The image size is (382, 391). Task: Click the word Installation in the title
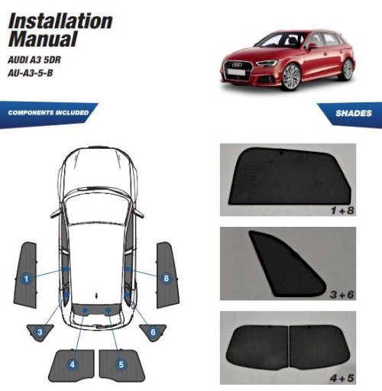tap(60, 21)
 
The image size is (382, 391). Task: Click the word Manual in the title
tap(43, 39)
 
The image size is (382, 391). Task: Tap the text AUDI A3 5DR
tap(34, 60)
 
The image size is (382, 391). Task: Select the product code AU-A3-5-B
tap(31, 73)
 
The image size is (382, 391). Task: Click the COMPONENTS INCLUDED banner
tap(48, 113)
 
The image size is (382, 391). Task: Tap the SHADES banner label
tap(354, 113)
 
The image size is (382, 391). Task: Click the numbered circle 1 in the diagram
tap(26, 279)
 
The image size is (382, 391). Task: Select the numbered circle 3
tap(40, 332)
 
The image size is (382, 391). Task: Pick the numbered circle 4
tap(73, 364)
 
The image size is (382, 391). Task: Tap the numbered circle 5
tap(121, 364)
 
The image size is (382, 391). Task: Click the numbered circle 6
tap(153, 332)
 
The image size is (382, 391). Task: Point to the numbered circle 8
tap(166, 278)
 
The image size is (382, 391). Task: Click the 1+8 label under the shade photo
tap(342, 211)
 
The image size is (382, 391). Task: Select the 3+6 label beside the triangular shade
tap(342, 295)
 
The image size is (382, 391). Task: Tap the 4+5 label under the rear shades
tap(342, 378)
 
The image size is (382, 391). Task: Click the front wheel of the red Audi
tap(291, 77)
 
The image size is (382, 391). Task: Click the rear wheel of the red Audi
tap(348, 69)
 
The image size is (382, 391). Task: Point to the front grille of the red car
tap(238, 69)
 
